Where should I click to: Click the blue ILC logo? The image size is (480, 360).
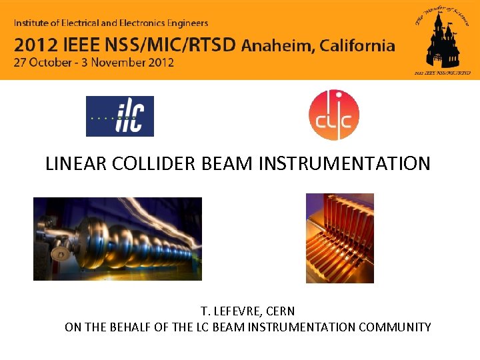pyautogui.click(x=120, y=116)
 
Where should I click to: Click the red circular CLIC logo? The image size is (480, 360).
pyautogui.click(x=334, y=115)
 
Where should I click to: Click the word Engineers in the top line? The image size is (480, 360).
pyautogui.click(x=184, y=23)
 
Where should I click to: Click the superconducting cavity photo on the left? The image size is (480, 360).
pyautogui.click(x=117, y=239)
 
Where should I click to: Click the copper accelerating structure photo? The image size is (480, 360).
pyautogui.click(x=339, y=238)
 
